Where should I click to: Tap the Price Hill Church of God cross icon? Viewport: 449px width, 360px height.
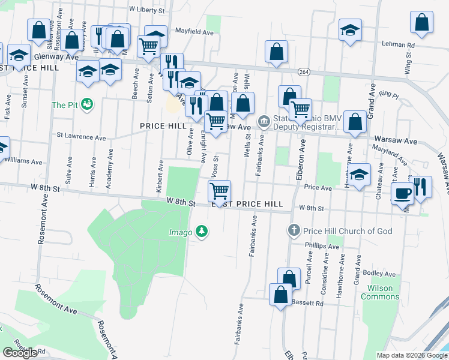[x=294, y=230]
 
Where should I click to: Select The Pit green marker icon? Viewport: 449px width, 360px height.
[x=87, y=104]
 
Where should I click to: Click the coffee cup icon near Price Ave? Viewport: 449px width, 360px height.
[x=402, y=194]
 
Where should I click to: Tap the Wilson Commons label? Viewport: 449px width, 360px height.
[x=380, y=292]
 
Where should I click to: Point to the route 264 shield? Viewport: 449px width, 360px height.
[x=304, y=71]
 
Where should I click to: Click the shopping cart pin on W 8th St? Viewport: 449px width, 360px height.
[x=220, y=191]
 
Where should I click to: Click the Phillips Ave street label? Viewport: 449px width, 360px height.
[x=322, y=246]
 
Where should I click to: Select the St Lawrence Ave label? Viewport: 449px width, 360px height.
[x=81, y=137]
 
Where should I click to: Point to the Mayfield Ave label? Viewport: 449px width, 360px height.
[x=194, y=30]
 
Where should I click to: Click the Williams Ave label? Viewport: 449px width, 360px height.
[x=24, y=161]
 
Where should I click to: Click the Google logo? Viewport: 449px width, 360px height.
[x=20, y=353]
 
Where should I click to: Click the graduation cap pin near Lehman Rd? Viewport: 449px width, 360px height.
[x=349, y=31]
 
